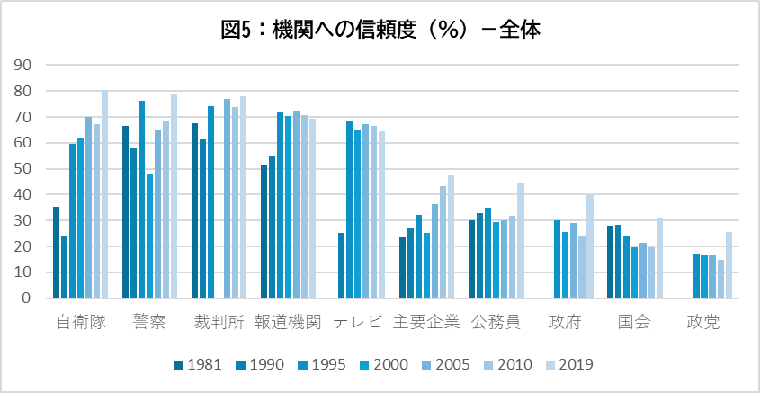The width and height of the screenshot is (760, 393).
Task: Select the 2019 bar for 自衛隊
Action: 104,194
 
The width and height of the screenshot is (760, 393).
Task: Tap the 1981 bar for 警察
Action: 125,212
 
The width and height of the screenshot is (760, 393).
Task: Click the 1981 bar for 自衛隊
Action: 56,253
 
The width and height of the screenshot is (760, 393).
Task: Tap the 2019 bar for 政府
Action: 590,246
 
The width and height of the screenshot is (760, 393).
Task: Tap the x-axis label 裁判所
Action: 219,322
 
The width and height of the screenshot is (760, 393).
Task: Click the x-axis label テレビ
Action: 358,322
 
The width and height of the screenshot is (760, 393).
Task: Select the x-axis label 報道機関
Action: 288,322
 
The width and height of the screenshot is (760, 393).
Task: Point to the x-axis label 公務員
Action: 496,322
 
